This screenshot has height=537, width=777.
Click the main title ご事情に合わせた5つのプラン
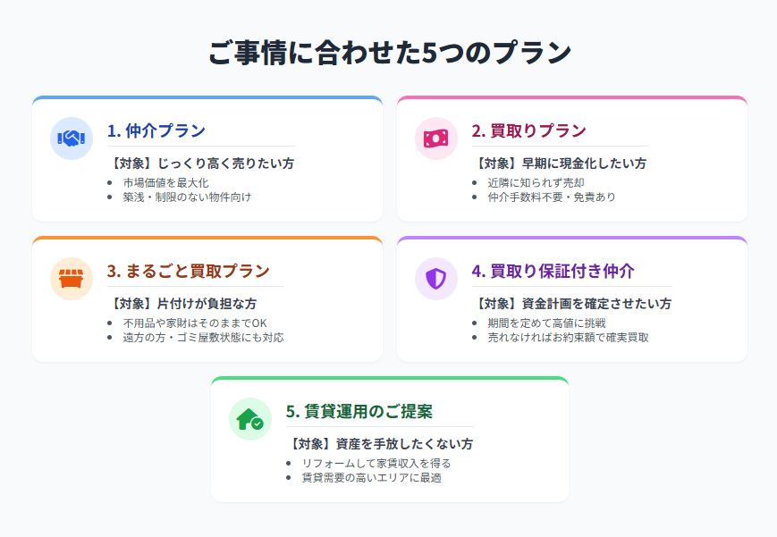[390, 53]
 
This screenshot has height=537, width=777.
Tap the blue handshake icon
[72, 138]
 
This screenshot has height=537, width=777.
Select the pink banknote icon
[436, 138]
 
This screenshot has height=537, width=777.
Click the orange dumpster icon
[72, 279]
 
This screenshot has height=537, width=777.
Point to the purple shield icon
[436, 279]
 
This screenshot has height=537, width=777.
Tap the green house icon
[250, 419]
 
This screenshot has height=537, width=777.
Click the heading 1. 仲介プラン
[156, 130]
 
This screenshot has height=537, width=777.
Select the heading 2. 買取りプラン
[528, 130]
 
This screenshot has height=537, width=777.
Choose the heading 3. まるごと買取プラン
[189, 271]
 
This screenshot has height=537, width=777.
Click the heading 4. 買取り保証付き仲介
[553, 271]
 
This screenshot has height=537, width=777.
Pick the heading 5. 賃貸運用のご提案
[359, 411]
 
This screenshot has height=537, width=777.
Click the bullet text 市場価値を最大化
[166, 183]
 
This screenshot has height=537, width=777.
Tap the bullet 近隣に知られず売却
[536, 183]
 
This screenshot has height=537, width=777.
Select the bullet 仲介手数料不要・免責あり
[552, 197]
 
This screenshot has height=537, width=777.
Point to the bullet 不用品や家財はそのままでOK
[195, 323]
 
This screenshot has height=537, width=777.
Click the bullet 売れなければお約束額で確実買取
[569, 338]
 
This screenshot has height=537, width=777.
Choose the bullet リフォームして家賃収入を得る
[376, 463]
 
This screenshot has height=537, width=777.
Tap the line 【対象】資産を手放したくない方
[380, 444]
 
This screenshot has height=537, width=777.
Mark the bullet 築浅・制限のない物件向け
[187, 197]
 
